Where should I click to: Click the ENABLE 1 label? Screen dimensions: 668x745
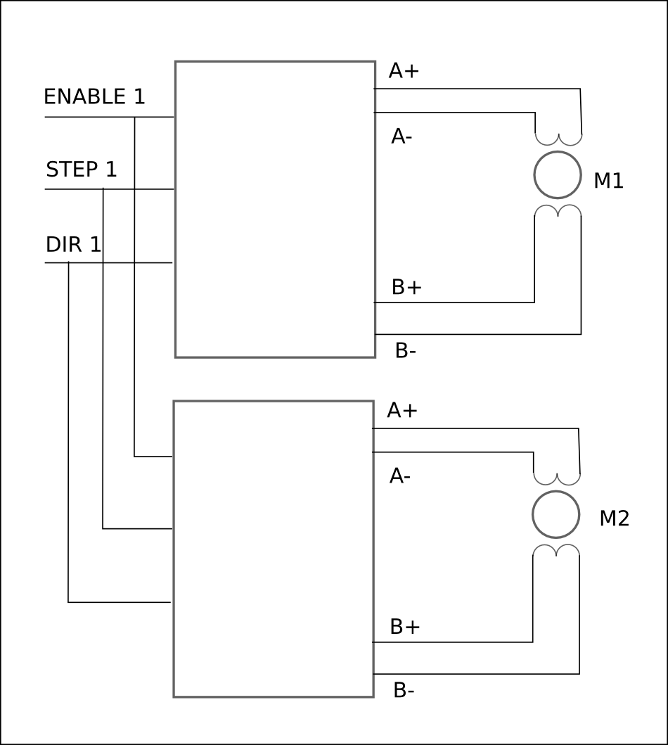pyautogui.click(x=94, y=96)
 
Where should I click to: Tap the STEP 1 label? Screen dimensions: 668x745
pyautogui.click(x=81, y=170)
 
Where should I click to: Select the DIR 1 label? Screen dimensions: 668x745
pyautogui.click(x=74, y=245)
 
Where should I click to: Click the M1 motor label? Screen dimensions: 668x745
pyautogui.click(x=608, y=181)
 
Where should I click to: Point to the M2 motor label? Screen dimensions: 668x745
pyautogui.click(x=615, y=518)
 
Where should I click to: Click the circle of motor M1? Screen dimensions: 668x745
pyautogui.click(x=558, y=175)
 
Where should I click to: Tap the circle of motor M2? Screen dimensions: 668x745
pyautogui.click(x=556, y=514)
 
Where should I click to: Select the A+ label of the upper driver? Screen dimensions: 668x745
pyautogui.click(x=404, y=71)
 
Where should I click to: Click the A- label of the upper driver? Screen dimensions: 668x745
pyautogui.click(x=402, y=137)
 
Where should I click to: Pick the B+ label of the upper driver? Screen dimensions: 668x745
pyautogui.click(x=407, y=288)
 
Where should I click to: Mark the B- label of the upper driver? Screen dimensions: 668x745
pyautogui.click(x=406, y=351)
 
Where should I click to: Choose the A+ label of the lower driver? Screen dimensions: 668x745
pyautogui.click(x=402, y=411)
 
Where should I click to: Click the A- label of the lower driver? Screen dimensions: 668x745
pyautogui.click(x=400, y=476)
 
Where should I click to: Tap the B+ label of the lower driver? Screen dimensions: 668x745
pyautogui.click(x=405, y=628)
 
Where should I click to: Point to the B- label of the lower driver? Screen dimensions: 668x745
pyautogui.click(x=404, y=691)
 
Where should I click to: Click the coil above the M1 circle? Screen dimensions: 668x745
pyautogui.click(x=558, y=139)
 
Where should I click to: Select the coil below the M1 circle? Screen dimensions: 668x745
pyautogui.click(x=558, y=210)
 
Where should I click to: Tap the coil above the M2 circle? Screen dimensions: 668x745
pyautogui.click(x=557, y=479)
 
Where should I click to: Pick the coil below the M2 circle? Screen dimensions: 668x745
pyautogui.click(x=556, y=550)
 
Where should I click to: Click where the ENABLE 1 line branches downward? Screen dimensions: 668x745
pyautogui.click(x=134, y=117)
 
